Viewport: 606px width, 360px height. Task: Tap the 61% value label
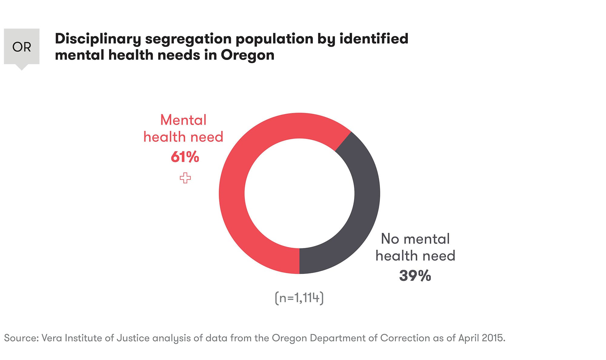[185, 157]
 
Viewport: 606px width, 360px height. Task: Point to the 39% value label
[415, 276]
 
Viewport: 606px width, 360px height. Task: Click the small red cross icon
[185, 178]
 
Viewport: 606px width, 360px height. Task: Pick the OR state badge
[22, 47]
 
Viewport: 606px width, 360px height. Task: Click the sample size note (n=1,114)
[299, 298]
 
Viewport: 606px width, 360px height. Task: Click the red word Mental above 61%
[183, 120]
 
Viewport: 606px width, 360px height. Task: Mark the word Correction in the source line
[405, 338]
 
